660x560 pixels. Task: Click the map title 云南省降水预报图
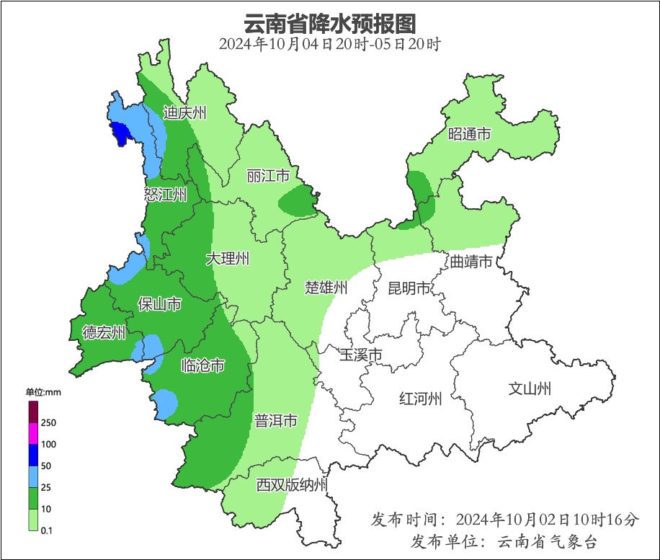329,23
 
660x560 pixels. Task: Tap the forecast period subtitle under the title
329,44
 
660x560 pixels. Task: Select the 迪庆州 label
185,112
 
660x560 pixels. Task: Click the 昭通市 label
469,134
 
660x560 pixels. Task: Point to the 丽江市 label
267,176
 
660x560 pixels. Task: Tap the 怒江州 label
165,194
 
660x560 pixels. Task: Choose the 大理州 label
228,259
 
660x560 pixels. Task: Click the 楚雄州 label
326,288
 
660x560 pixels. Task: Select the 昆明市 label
409,288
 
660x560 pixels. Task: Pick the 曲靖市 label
471,261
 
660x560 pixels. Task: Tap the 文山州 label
530,389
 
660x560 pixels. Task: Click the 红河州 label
421,399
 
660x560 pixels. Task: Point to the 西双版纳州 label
292,484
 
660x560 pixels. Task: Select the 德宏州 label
104,332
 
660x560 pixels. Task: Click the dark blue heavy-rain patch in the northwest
120,133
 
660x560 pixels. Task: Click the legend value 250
49,422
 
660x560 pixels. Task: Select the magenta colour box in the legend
33,434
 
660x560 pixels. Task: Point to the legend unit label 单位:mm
44,392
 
